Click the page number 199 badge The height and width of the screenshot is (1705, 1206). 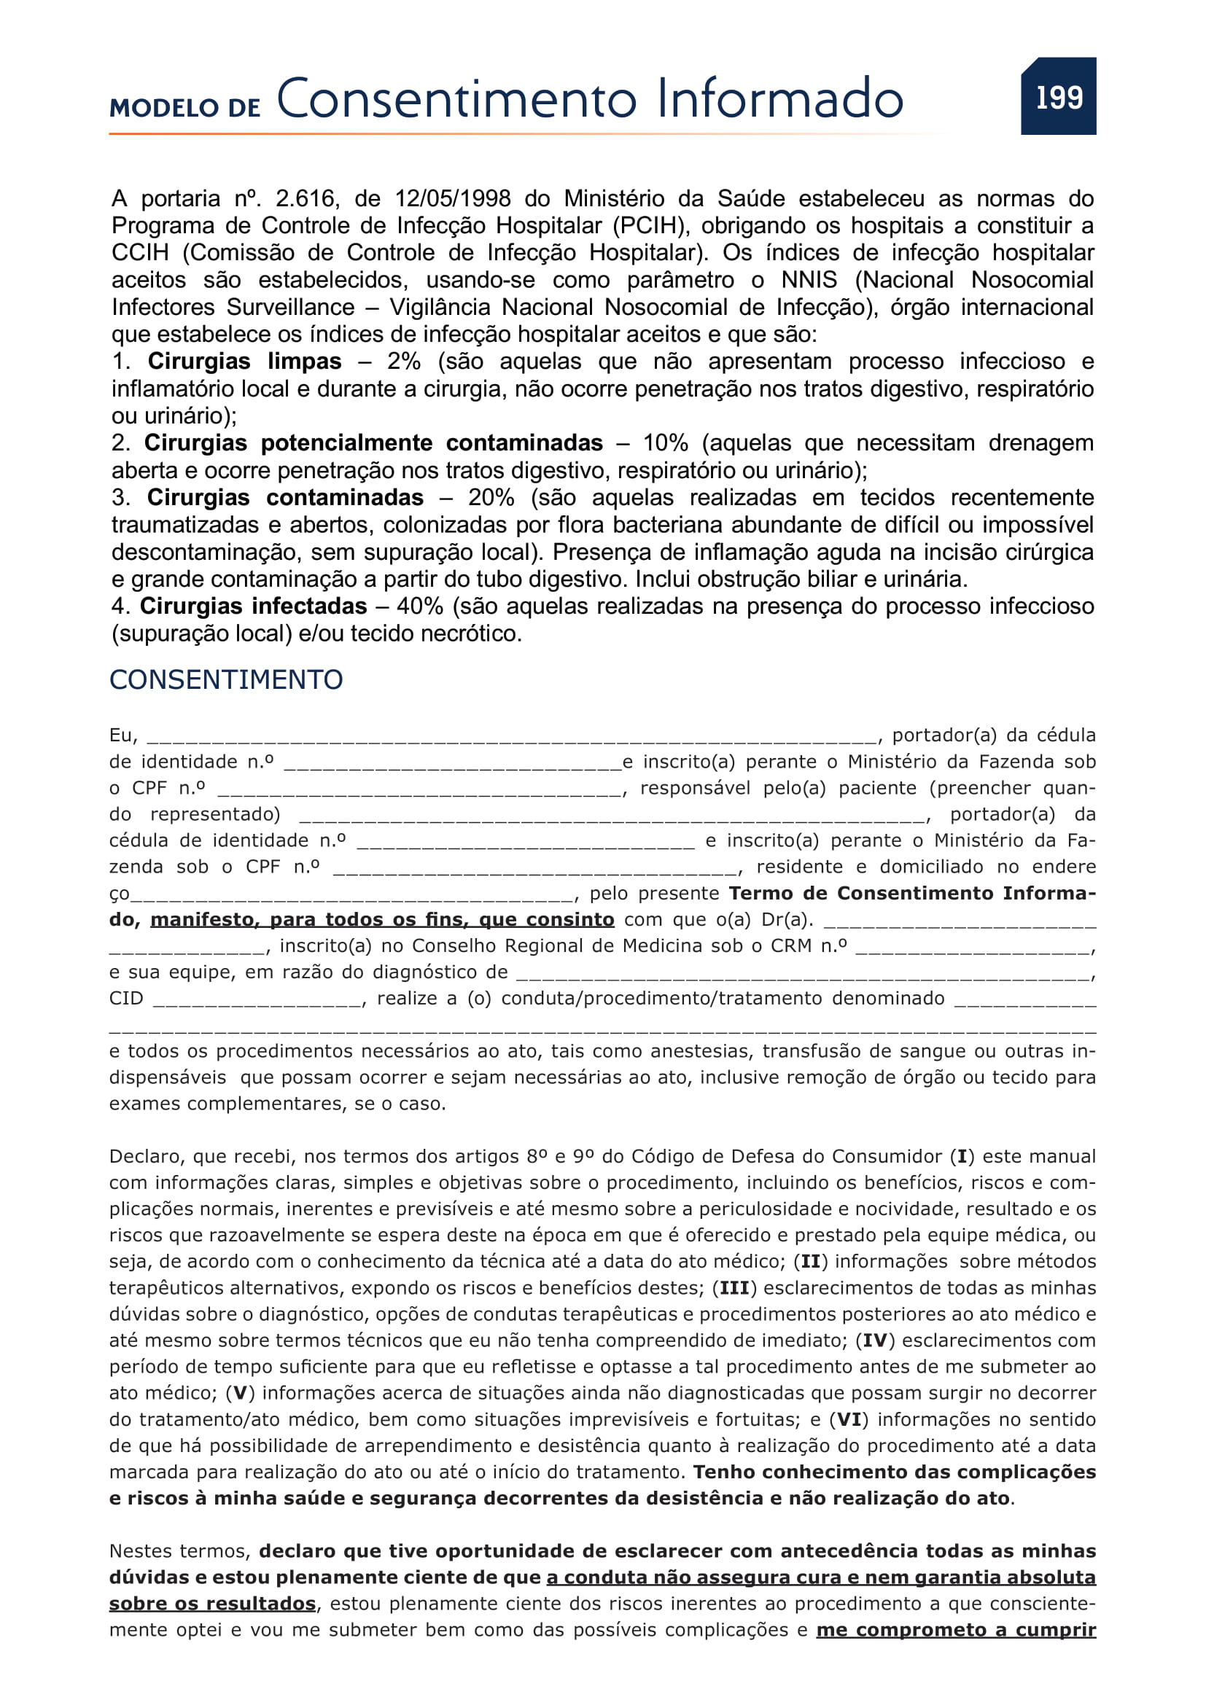click(1058, 96)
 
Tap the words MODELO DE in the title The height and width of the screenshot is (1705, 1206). click(185, 109)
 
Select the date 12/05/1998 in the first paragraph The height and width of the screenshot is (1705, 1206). click(452, 199)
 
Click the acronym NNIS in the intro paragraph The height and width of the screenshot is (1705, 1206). click(809, 280)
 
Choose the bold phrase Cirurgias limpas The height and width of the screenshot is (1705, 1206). click(244, 362)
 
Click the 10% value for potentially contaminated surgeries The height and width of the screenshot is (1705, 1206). click(666, 443)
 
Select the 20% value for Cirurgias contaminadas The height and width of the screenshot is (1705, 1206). click(491, 498)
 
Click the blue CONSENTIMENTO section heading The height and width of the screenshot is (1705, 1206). click(226, 679)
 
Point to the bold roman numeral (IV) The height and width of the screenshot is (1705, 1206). click(875, 1341)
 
